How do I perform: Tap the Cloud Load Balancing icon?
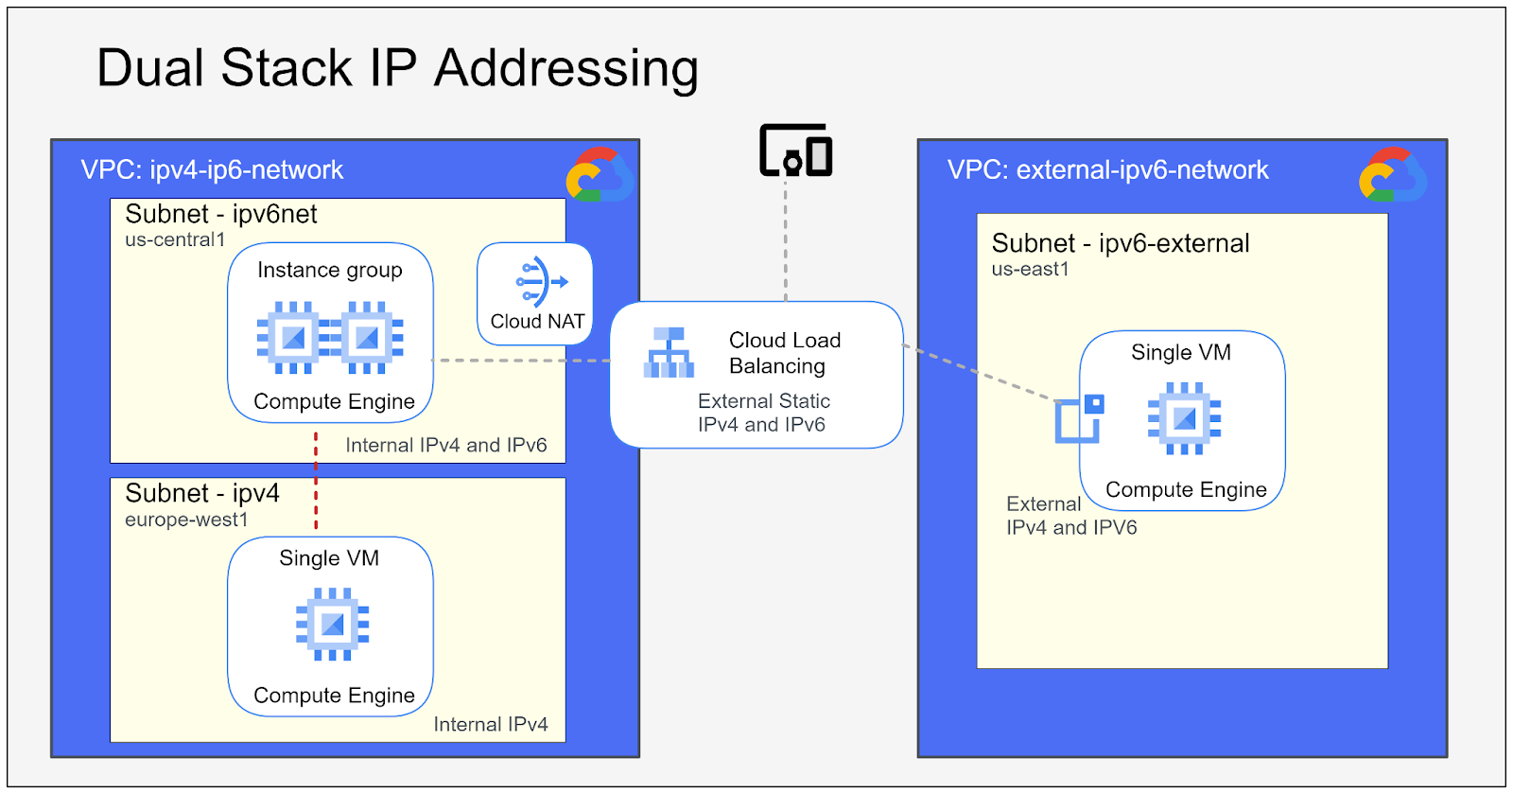669,353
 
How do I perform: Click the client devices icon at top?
795,150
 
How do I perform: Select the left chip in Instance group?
292,337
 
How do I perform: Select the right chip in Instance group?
368,337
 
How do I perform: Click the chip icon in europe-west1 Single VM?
332,624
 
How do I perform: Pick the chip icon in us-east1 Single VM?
1184,418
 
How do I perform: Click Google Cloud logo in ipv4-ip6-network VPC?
599,175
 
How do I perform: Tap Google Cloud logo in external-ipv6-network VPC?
1392,175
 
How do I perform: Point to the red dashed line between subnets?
316,481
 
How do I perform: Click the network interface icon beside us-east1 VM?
1079,419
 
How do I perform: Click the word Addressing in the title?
565,68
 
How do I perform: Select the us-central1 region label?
175,240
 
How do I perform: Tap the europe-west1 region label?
186,520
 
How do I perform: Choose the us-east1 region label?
1030,270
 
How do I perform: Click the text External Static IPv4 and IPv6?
763,413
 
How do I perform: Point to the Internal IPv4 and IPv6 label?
445,445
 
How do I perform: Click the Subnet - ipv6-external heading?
1120,243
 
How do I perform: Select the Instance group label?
329,270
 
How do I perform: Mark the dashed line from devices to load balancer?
785,241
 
